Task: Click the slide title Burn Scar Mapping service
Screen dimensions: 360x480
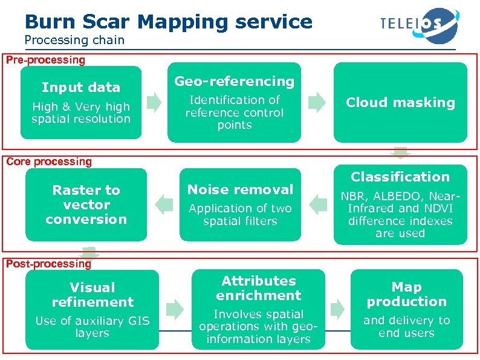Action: coord(169,22)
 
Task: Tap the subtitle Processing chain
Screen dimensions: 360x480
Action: coord(74,41)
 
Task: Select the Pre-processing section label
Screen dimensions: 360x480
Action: coord(45,60)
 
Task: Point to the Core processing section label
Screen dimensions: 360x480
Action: coord(48,162)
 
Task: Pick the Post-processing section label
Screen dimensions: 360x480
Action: coord(48,264)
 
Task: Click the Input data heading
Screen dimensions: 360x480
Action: coord(81,87)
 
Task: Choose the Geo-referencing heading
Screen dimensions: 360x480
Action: coord(234,81)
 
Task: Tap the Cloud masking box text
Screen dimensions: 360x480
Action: coord(400,102)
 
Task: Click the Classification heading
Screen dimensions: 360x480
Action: coord(400,177)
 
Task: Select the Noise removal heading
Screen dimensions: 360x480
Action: coord(240,189)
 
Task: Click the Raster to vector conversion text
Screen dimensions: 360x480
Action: coord(86,205)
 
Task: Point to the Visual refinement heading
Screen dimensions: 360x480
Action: coord(92,294)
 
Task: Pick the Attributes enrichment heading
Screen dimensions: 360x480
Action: coord(258,288)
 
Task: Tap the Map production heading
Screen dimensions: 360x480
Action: coord(406,294)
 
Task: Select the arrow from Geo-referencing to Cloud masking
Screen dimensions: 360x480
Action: coord(317,103)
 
